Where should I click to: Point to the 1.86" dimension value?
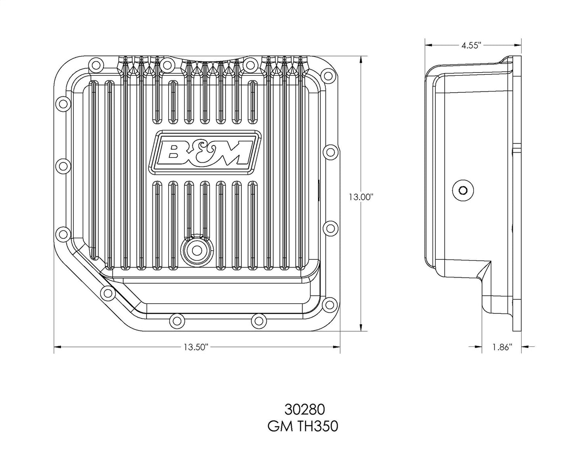[502, 347]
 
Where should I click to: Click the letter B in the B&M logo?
[173, 155]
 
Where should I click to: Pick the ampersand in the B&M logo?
[201, 155]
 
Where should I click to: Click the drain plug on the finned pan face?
[197, 250]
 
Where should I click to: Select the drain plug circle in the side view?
[463, 190]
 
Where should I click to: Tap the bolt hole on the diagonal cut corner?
[108, 293]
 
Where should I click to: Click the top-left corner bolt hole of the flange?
[96, 64]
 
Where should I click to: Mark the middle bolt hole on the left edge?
[63, 164]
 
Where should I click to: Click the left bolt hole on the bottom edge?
[176, 321]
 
